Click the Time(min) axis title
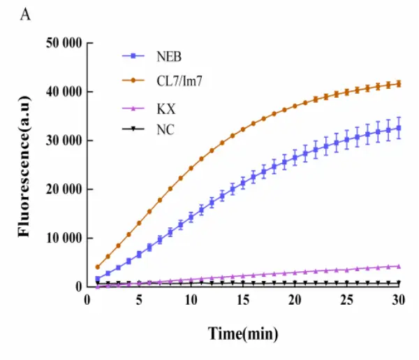(x=243, y=334)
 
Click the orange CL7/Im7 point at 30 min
(x=399, y=83)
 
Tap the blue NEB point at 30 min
(x=399, y=127)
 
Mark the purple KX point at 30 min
(x=399, y=266)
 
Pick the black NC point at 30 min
(x=399, y=283)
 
